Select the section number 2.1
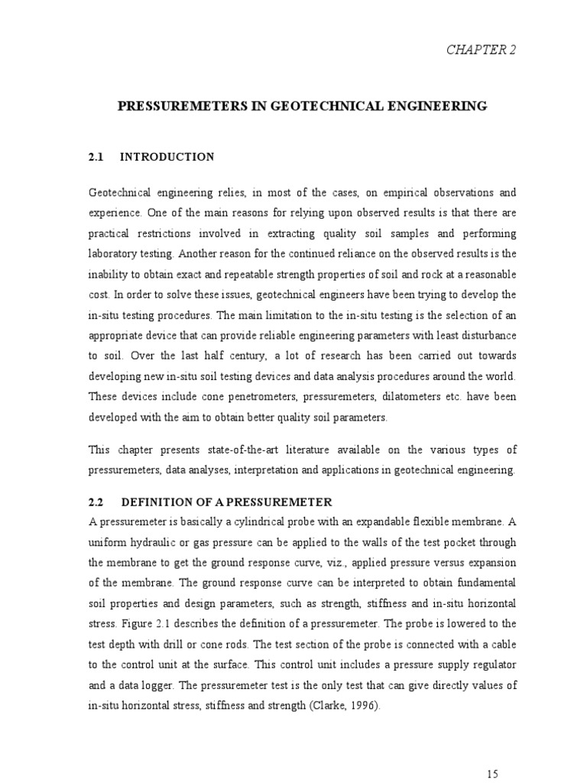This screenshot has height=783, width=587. point(96,157)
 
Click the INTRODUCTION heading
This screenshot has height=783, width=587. point(167,157)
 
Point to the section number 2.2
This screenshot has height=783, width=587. point(96,502)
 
